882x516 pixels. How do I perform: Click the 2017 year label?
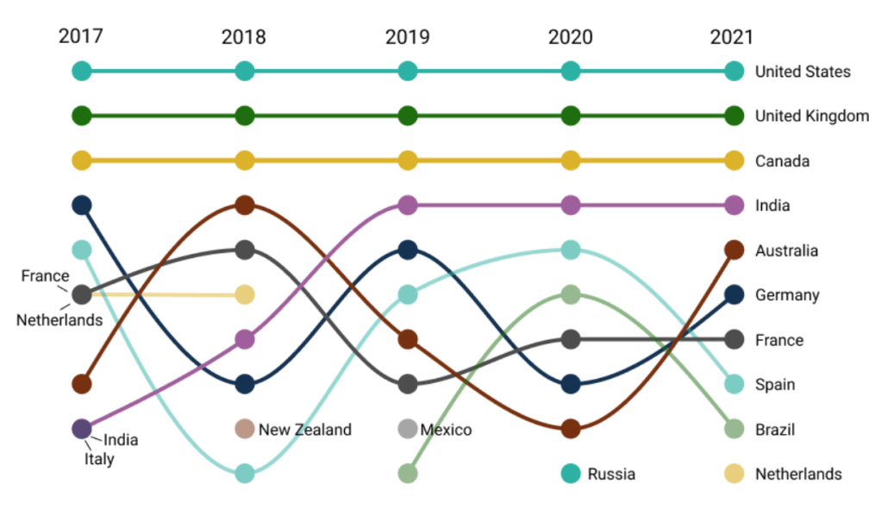pyautogui.click(x=81, y=36)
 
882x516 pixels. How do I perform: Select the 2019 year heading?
pyautogui.click(x=408, y=37)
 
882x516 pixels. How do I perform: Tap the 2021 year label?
pyautogui.click(x=731, y=37)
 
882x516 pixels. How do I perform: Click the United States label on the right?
pyautogui.click(x=802, y=72)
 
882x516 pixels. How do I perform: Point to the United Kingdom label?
pyautogui.click(x=811, y=116)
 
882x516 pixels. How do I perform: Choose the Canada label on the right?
pyautogui.click(x=782, y=160)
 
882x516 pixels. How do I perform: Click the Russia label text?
pyautogui.click(x=611, y=474)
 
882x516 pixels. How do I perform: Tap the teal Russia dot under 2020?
pyautogui.click(x=571, y=473)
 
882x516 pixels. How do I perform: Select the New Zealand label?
pyautogui.click(x=305, y=429)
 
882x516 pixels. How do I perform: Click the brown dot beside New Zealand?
pyautogui.click(x=245, y=429)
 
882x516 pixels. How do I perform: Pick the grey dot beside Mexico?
pyautogui.click(x=408, y=429)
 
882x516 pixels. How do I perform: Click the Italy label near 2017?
pyautogui.click(x=99, y=459)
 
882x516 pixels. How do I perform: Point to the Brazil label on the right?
pyautogui.click(x=775, y=430)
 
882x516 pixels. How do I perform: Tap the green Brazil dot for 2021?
pyautogui.click(x=734, y=429)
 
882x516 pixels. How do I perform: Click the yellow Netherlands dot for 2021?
pyautogui.click(x=734, y=473)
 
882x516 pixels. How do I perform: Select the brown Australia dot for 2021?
pyautogui.click(x=734, y=250)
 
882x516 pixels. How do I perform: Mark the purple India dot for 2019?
pyautogui.click(x=408, y=205)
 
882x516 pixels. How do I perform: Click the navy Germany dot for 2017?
pyautogui.click(x=82, y=205)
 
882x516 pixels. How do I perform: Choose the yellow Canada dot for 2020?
pyautogui.click(x=571, y=160)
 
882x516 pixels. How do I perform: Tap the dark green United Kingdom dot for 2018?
pyautogui.click(x=245, y=116)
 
